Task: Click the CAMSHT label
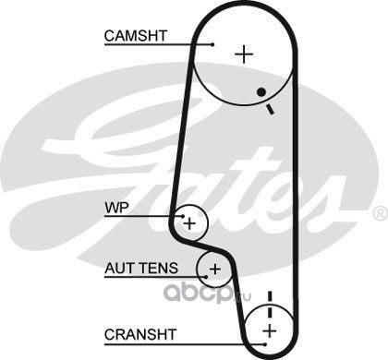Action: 136,36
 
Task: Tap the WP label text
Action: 116,208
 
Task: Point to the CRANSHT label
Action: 140,334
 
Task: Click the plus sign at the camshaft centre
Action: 244,54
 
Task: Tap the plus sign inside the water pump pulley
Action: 189,223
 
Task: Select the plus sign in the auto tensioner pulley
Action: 215,270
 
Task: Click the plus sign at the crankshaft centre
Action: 270,331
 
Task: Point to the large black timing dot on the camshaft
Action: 261,91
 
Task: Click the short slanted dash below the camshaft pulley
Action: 270,109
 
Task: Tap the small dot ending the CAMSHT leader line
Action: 212,44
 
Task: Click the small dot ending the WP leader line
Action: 183,216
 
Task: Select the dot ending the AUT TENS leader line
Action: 206,277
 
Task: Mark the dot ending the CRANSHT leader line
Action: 265,344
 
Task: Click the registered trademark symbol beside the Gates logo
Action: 381,213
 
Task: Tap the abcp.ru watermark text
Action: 207,293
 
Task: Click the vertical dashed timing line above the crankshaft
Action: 270,305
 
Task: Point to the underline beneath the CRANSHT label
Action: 184,344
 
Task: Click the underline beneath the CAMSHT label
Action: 158,45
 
